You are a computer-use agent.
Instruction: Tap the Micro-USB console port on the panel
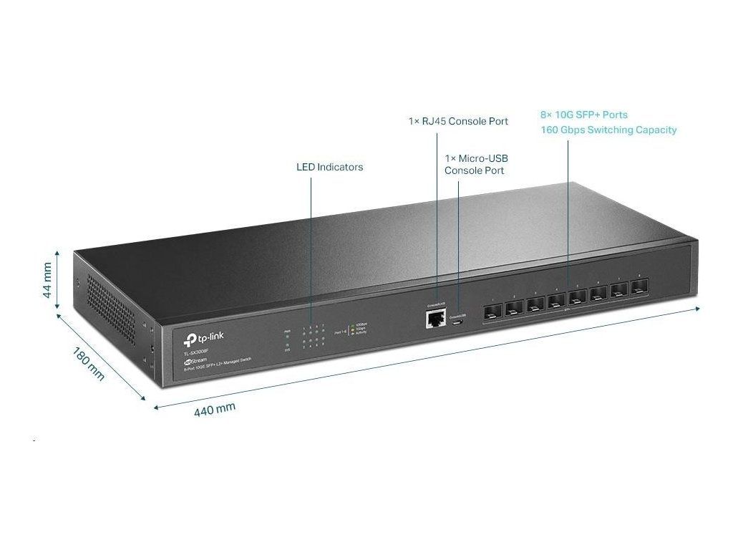(458, 322)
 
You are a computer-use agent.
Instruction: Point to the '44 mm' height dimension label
(47, 280)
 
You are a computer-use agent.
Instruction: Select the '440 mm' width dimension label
(215, 409)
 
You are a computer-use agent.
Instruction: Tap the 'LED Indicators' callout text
(329, 167)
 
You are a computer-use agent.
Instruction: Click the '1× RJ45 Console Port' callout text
(458, 121)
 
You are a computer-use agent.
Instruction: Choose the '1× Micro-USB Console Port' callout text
(476, 164)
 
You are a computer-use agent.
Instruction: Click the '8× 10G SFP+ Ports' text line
(583, 115)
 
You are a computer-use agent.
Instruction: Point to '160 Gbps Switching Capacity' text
(608, 130)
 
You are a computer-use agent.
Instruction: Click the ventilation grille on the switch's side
(111, 301)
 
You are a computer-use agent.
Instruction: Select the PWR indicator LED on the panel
(287, 336)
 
